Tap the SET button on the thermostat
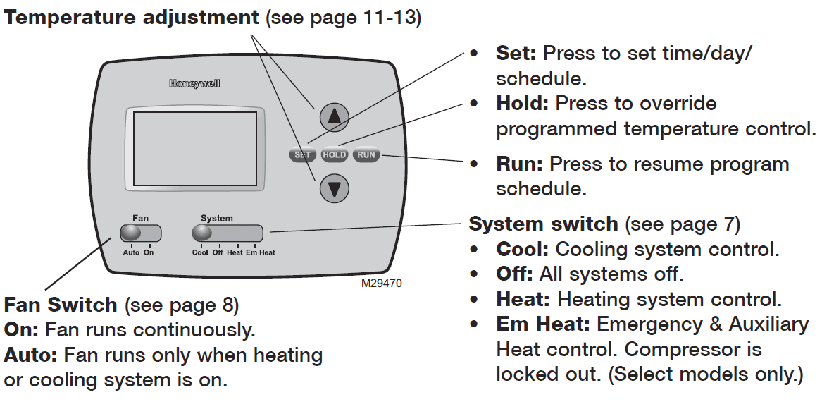point(302,154)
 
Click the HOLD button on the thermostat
point(334,154)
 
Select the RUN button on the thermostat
point(366,154)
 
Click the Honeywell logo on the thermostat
point(194,83)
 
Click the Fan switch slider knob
point(131,233)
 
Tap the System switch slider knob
point(202,233)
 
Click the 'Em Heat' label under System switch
point(261,252)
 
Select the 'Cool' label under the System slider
point(200,252)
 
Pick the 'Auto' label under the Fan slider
point(131,252)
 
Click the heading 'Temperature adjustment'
point(132,18)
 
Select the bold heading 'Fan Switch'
point(61,305)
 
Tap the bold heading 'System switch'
point(543,224)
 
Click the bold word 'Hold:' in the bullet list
point(522,104)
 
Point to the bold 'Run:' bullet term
point(519,164)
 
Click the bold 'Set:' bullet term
point(516,53)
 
